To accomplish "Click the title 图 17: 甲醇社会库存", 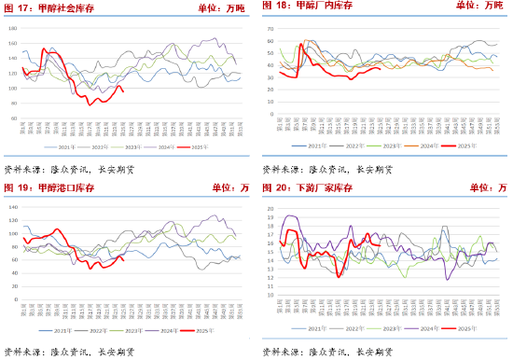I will click(x=49, y=7).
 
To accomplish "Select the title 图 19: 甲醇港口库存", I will click(x=49, y=188).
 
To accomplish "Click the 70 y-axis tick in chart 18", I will click(x=270, y=28).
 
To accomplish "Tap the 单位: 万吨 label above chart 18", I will click(x=479, y=7).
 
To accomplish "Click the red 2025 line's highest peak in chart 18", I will click(x=300, y=43).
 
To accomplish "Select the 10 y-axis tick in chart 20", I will click(x=270, y=295).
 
